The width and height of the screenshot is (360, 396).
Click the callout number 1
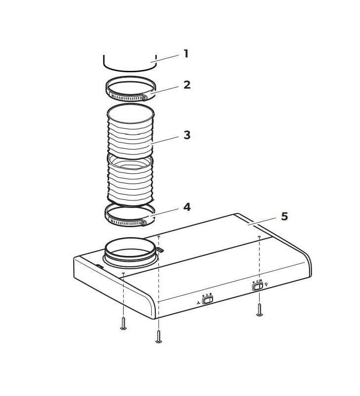[x=186, y=53]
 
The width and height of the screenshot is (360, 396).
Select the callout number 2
[x=186, y=84]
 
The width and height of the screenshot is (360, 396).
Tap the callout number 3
[x=186, y=135]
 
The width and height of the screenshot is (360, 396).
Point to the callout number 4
[x=186, y=206]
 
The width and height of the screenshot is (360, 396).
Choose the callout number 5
[x=284, y=216]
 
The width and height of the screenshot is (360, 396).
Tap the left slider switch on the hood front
[x=208, y=299]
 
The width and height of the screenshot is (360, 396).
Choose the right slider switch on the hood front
[x=257, y=286]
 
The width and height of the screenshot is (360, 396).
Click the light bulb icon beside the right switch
[x=267, y=285]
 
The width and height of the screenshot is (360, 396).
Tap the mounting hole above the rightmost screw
[x=259, y=238]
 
